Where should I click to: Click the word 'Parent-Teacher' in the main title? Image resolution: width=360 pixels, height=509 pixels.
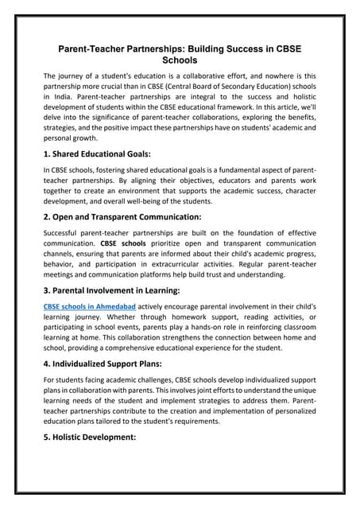pyautogui.click(x=93, y=49)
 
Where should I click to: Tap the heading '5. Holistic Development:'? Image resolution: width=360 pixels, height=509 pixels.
pyautogui.click(x=90, y=437)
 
